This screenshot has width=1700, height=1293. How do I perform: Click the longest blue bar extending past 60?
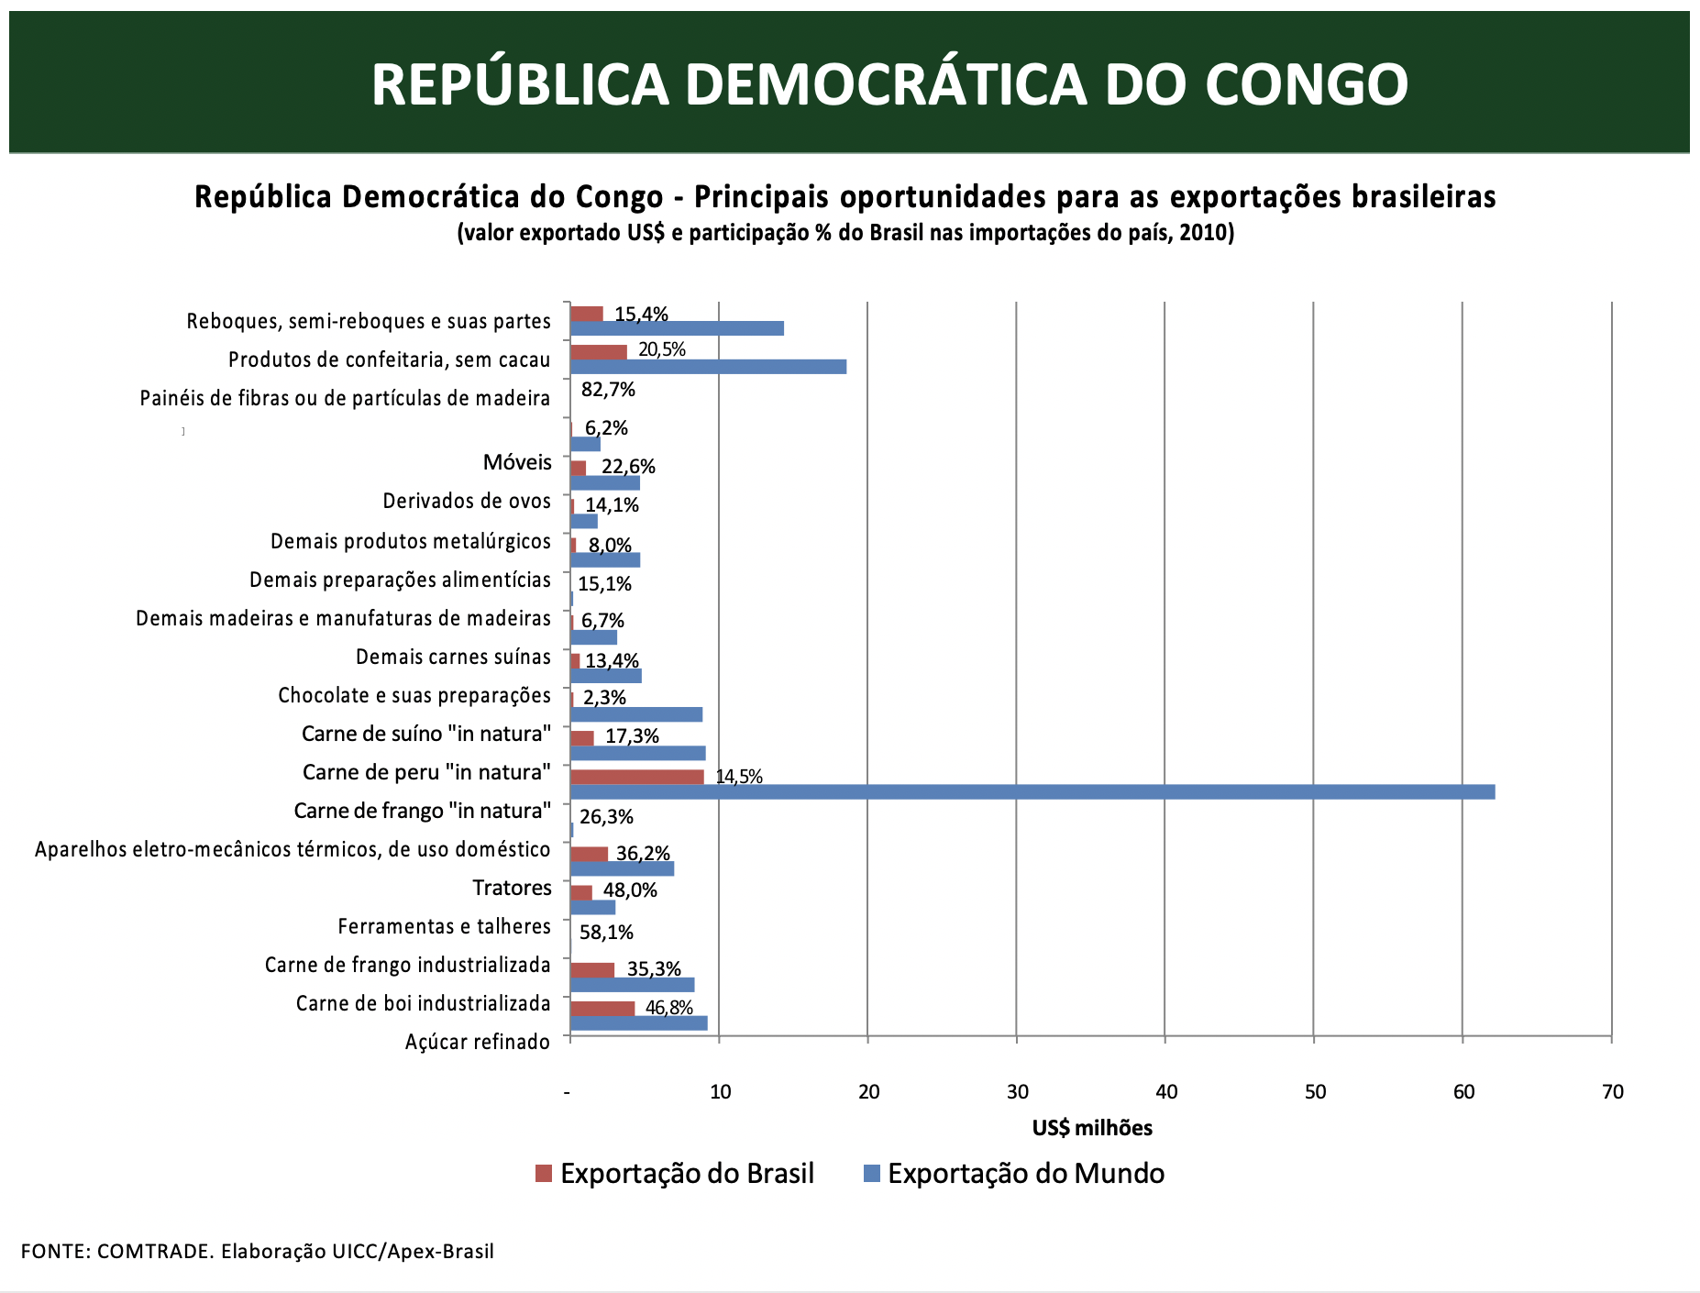click(1032, 791)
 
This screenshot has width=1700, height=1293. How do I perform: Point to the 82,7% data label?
click(608, 390)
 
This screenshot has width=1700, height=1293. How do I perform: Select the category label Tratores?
click(512, 888)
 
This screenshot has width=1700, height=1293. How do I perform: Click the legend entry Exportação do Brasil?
click(675, 1174)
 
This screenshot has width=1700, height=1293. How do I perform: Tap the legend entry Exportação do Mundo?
click(1014, 1174)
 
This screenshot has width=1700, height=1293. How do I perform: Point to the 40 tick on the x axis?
click(1166, 1091)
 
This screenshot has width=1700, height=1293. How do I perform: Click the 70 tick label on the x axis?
click(1612, 1091)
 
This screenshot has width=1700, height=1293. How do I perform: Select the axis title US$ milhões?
click(1092, 1128)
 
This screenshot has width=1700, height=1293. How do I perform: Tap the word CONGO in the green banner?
click(1306, 84)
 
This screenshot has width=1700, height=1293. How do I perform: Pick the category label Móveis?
click(517, 462)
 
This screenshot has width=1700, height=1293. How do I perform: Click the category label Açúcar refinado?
click(477, 1042)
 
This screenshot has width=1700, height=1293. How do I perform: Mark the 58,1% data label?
click(606, 933)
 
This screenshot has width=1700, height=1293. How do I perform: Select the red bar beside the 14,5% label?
click(637, 777)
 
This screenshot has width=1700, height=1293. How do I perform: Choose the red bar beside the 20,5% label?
click(599, 351)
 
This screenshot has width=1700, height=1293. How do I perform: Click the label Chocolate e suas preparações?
click(414, 695)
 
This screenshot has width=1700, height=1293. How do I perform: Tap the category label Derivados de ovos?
click(467, 501)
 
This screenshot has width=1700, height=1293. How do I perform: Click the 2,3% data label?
click(604, 698)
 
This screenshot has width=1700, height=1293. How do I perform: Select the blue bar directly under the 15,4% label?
click(677, 328)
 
